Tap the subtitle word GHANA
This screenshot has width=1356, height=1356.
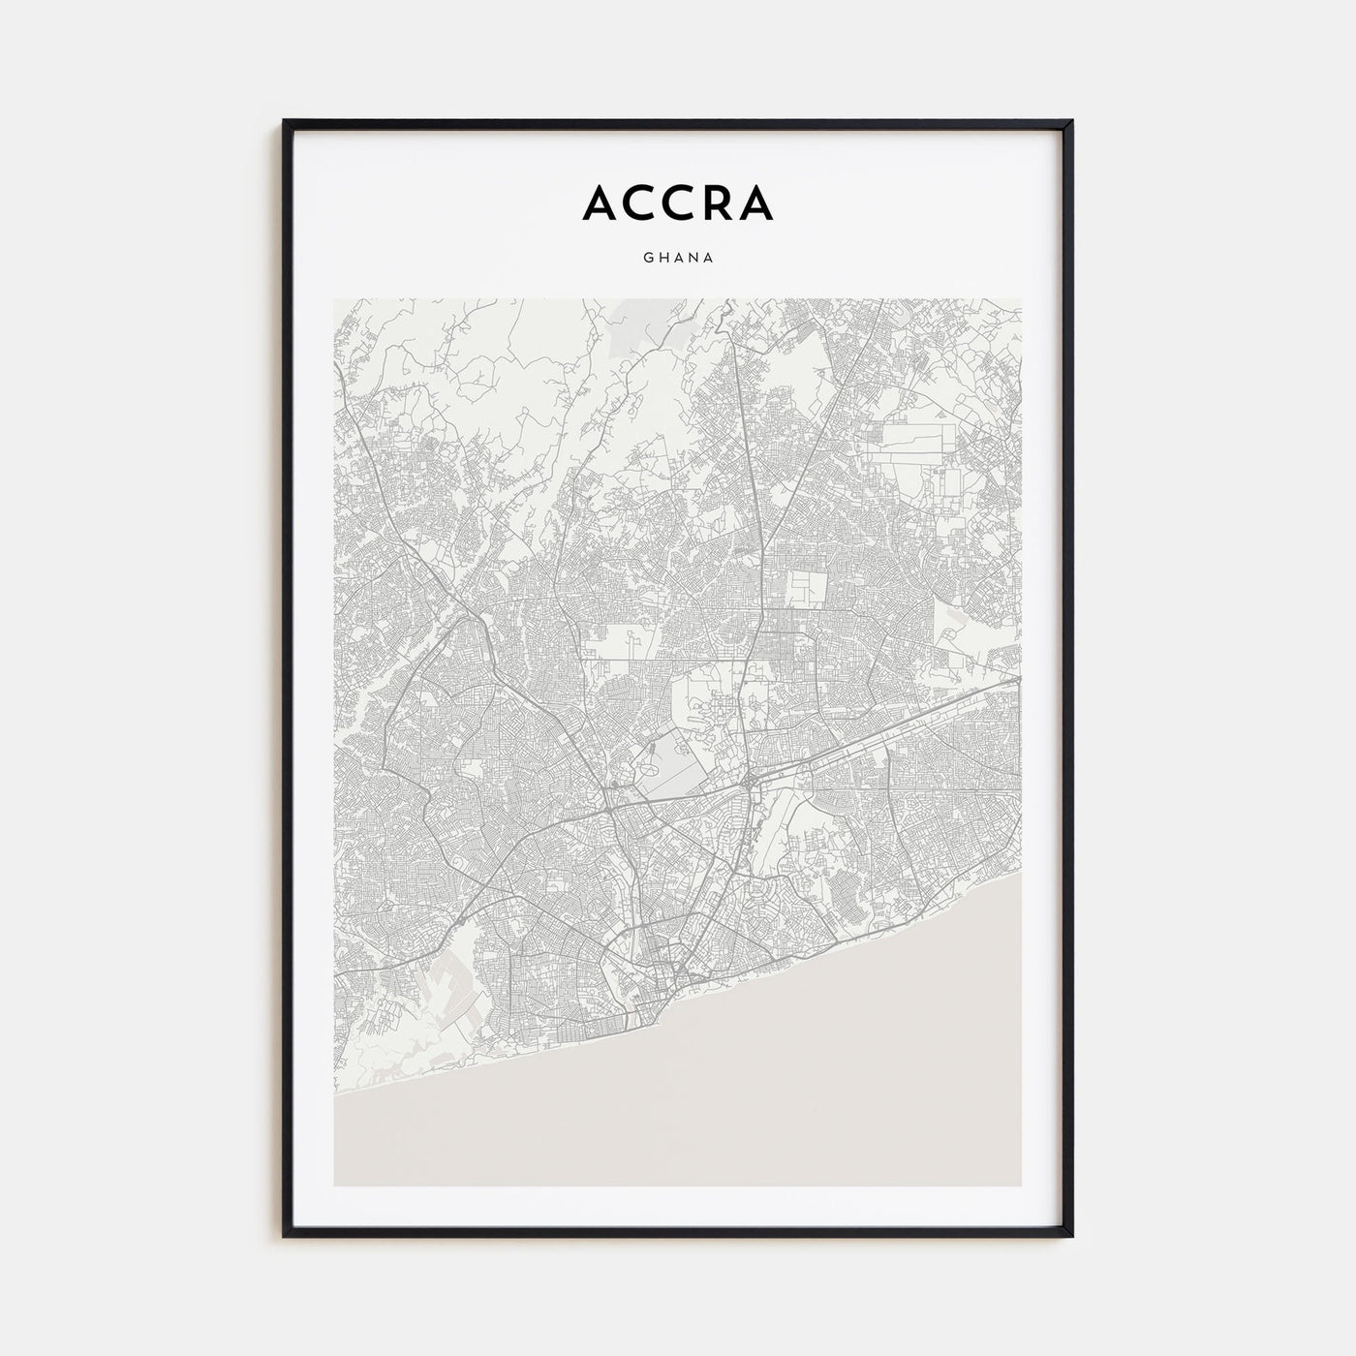(x=677, y=259)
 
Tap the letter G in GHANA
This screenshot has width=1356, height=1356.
(x=645, y=259)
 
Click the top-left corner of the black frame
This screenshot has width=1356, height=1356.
(x=285, y=122)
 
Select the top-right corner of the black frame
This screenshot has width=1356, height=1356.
(x=1071, y=122)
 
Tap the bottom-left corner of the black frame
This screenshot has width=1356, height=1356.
(x=285, y=1236)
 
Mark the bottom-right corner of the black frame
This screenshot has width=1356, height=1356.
(x=1071, y=1236)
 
